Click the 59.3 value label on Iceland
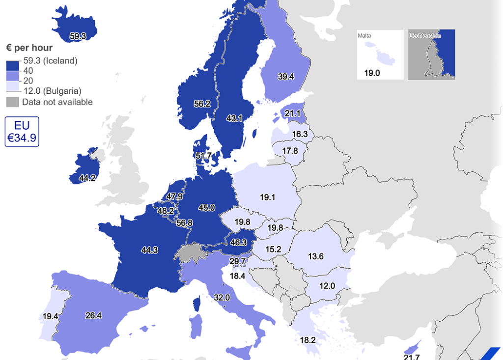[x=78, y=36]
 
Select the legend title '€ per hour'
[x=29, y=48]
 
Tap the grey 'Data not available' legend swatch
[x=13, y=102]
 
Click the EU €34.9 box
[x=22, y=132]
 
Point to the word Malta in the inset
[x=364, y=36]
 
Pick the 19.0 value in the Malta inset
[x=372, y=73]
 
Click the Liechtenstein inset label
[x=425, y=36]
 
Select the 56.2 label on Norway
[x=202, y=104]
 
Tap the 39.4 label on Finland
[x=285, y=77]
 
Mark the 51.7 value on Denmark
[x=203, y=156]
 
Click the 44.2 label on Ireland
[x=87, y=178]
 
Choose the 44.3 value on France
[x=149, y=250]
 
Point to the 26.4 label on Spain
[x=93, y=316]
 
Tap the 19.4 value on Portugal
[x=51, y=317]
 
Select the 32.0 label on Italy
[x=222, y=298]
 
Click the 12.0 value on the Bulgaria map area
[x=327, y=286]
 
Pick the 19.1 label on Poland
[x=268, y=197]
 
